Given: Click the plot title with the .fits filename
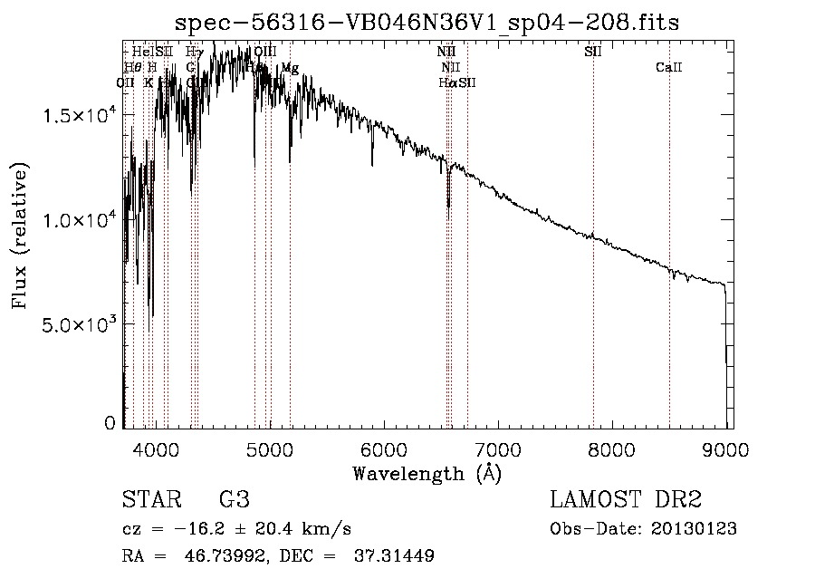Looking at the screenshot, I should [x=427, y=21].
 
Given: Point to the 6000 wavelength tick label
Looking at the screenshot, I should [x=384, y=448].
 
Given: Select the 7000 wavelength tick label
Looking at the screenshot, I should [x=497, y=448].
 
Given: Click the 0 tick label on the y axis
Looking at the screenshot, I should [x=110, y=422].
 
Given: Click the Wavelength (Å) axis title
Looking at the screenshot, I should [x=427, y=473].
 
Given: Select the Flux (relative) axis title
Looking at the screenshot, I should [x=20, y=236].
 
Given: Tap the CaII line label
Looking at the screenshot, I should [x=669, y=68].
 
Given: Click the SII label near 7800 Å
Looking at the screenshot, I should [x=593, y=52].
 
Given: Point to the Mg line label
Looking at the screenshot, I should [x=290, y=68].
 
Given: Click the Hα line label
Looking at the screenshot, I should [x=446, y=82].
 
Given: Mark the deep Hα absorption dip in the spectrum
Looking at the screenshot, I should [x=448, y=204].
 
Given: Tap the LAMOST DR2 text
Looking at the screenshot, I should [x=626, y=500].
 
